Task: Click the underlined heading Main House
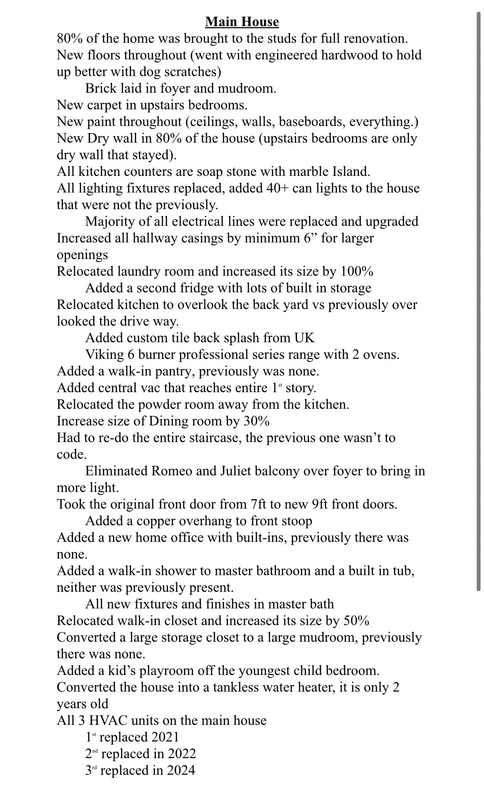tap(242, 22)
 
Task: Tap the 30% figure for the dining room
tap(256, 421)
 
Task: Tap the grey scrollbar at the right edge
tap(478, 302)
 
